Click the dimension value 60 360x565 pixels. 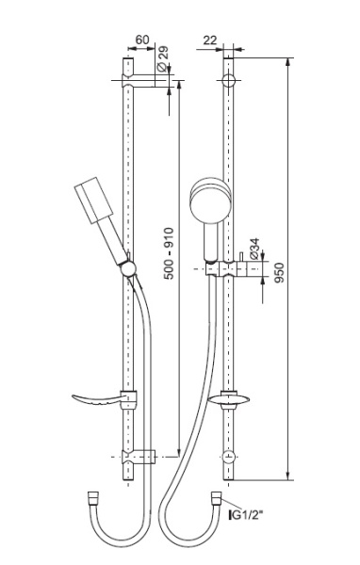coord(141,40)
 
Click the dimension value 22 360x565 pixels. coord(209,40)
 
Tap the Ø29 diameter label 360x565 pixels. coord(163,58)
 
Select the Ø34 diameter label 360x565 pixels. coord(254,249)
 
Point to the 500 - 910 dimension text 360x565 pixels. coord(169,253)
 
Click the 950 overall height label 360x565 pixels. coord(279,273)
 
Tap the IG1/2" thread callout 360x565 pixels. coord(245,515)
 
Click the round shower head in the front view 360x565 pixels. coord(210,200)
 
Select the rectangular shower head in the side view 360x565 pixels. coord(94,201)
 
